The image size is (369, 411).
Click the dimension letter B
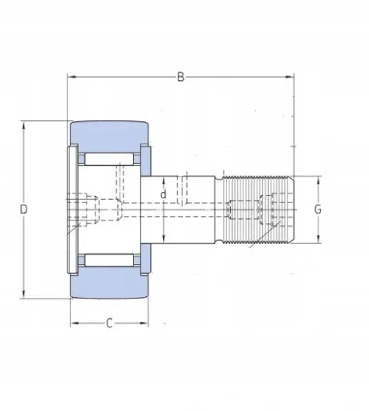180,77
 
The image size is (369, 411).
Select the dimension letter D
24,210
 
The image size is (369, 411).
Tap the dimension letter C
109,324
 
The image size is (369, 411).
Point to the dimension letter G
318,210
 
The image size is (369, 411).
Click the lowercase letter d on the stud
164,194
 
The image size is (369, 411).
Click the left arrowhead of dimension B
71,77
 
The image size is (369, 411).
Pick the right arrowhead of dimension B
290,77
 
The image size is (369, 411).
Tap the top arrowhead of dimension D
24,125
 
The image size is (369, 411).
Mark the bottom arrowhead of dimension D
24,294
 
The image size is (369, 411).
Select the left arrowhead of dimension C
75,324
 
